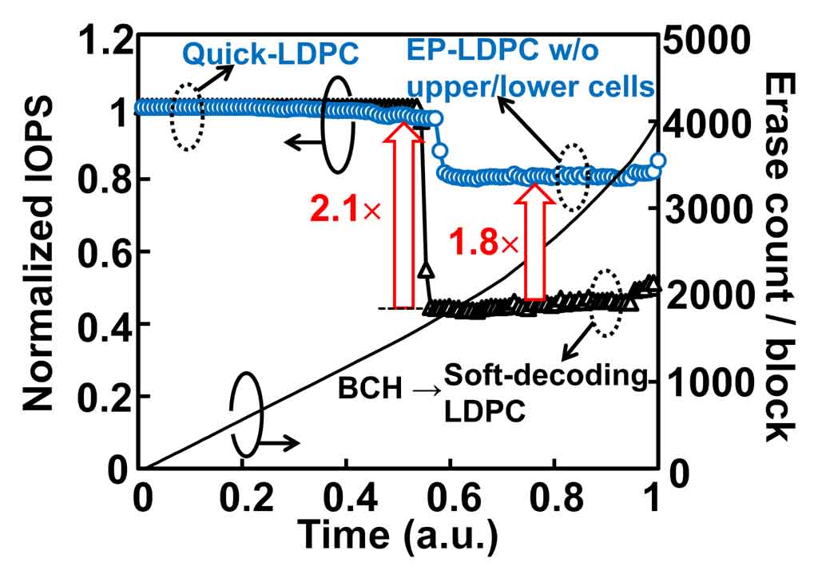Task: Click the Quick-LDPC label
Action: [x=269, y=54]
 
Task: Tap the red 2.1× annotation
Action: [x=343, y=209]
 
